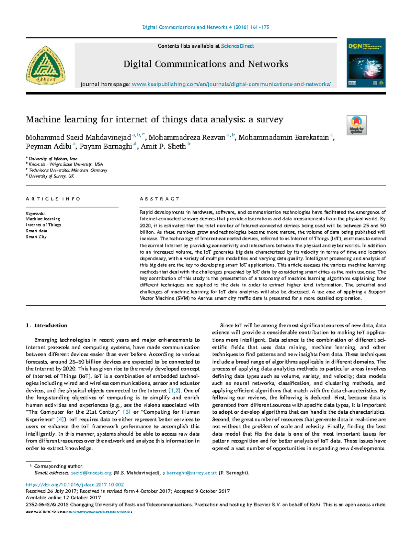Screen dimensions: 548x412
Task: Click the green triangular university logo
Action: point(45,65)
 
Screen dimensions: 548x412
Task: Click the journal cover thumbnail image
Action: point(366,63)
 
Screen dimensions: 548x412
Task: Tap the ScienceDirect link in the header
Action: point(237,46)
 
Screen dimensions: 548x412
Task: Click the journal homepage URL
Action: point(231,84)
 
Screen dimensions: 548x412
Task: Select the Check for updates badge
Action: point(356,125)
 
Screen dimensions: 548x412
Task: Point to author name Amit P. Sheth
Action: point(163,147)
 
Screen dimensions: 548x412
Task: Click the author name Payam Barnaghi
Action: point(106,147)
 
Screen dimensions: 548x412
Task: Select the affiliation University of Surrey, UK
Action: point(51,176)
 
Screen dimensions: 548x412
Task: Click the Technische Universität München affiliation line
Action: point(68,170)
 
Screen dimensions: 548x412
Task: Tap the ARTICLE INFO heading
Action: point(53,199)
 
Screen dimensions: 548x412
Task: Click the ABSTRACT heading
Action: point(159,199)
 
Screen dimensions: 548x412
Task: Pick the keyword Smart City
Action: point(36,237)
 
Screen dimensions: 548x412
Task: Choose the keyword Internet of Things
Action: point(43,225)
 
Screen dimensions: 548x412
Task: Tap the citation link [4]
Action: point(60,419)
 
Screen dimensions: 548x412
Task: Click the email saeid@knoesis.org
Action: point(91,473)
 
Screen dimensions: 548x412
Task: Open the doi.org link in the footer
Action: point(75,485)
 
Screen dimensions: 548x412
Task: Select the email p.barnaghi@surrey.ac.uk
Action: point(190,473)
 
